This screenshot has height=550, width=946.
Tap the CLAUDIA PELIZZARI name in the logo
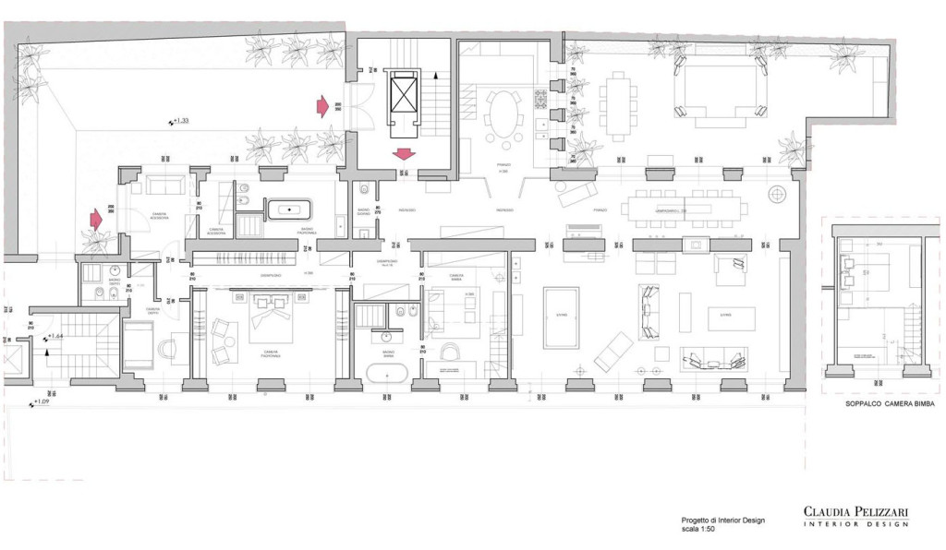click(x=855, y=510)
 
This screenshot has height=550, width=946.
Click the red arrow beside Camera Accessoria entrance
click(x=96, y=220)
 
